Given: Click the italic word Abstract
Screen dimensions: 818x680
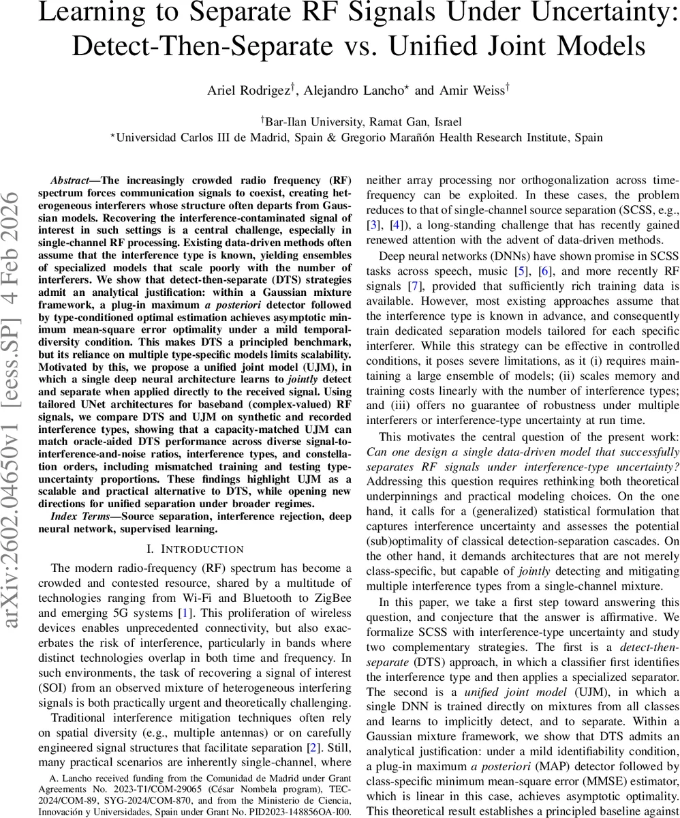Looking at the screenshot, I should coord(69,181).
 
